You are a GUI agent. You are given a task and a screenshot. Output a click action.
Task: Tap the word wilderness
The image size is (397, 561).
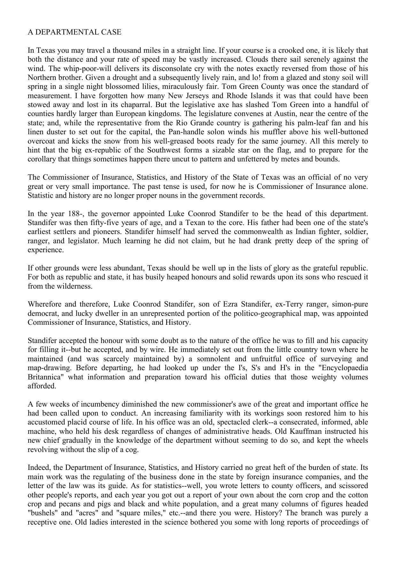[76, 286]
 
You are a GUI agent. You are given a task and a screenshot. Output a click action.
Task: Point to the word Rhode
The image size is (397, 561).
[255, 96]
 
